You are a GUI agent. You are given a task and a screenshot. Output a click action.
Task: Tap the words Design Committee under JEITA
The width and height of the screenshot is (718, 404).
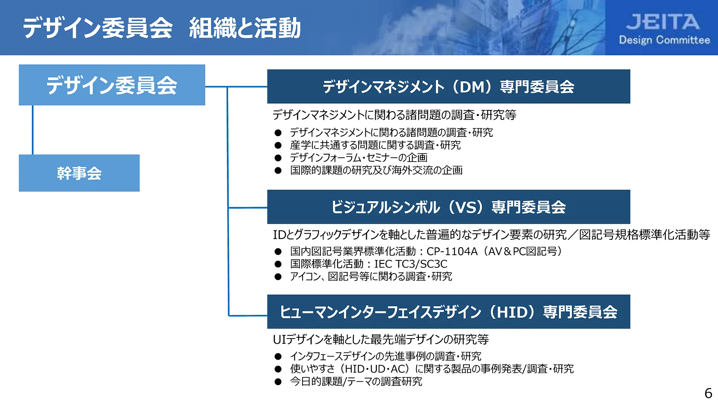tap(664, 40)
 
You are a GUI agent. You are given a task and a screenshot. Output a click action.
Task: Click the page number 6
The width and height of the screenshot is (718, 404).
tap(708, 393)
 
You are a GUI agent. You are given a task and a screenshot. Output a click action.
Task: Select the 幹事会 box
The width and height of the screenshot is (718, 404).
tap(79, 173)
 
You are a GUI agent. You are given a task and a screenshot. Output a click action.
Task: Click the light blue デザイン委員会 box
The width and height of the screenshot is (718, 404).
tap(112, 85)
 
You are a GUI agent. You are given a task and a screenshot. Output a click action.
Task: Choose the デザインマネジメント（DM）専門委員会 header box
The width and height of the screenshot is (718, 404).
tap(448, 86)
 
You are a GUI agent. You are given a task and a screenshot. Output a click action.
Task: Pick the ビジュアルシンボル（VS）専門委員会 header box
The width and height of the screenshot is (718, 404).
tap(448, 207)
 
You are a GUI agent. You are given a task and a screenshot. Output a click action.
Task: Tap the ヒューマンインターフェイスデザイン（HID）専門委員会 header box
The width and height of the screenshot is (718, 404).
tap(448, 312)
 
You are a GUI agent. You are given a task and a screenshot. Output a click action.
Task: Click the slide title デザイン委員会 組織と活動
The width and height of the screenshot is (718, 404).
tap(162, 28)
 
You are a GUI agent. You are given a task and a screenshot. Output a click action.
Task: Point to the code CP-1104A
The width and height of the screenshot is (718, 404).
tap(452, 251)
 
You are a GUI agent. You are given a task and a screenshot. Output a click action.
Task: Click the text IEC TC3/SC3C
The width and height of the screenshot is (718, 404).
tap(411, 264)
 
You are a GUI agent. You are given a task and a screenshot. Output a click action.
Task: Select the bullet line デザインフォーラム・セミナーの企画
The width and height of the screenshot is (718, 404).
tap(358, 157)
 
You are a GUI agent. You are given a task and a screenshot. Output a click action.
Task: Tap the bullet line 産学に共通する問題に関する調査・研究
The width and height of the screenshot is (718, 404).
tap(375, 145)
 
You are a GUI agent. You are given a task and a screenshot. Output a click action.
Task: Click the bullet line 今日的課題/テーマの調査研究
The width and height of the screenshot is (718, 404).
tap(356, 382)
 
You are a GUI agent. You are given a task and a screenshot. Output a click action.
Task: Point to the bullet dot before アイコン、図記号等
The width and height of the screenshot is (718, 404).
tap(278, 277)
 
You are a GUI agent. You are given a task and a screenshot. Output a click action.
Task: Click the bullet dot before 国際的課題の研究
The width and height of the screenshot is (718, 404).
tap(278, 171)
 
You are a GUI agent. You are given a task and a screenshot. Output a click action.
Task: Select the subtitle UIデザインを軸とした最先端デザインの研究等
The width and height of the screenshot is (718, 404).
tap(381, 339)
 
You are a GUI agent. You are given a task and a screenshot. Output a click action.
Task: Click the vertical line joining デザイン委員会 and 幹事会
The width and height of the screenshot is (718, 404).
tap(33, 130)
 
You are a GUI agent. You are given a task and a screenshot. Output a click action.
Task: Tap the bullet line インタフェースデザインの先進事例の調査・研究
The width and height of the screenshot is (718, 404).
tap(386, 356)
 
